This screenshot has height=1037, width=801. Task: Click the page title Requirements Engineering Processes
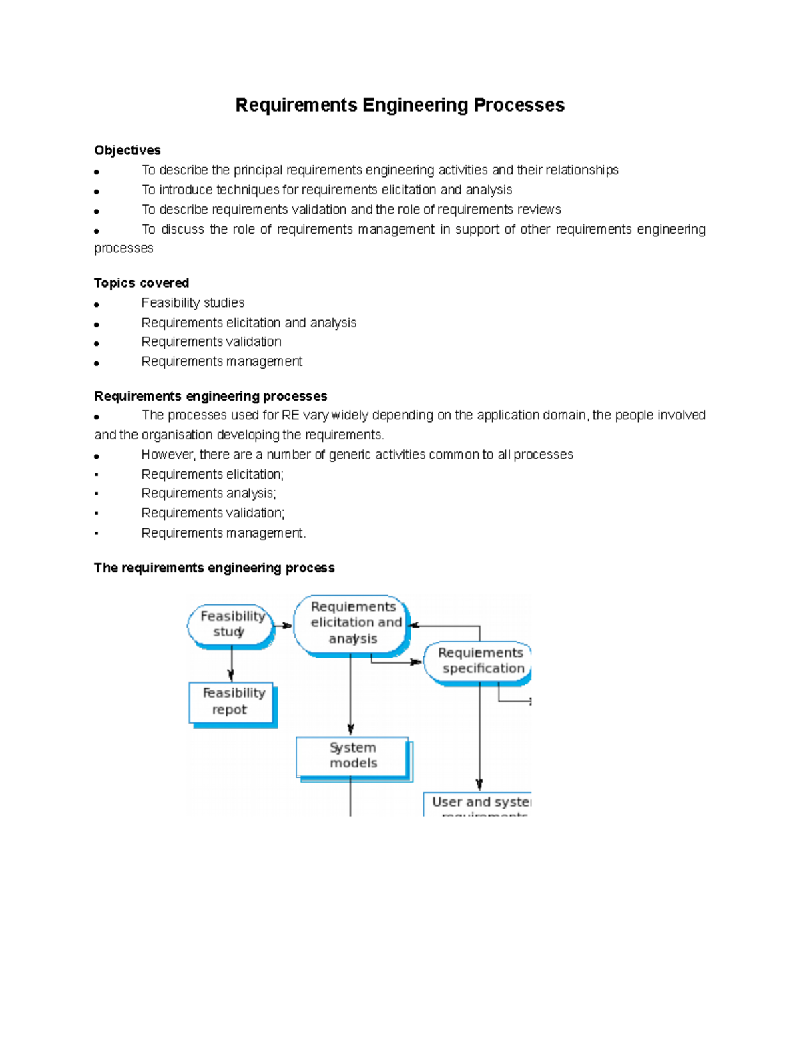pyautogui.click(x=400, y=106)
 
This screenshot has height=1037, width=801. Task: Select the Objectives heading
pyautogui.click(x=127, y=150)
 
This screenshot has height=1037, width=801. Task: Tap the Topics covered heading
pyautogui.click(x=141, y=283)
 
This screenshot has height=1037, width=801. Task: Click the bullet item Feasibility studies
pyautogui.click(x=192, y=303)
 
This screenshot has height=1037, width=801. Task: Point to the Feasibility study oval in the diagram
pyautogui.click(x=230, y=624)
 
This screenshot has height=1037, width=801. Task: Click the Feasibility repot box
pyautogui.click(x=232, y=702)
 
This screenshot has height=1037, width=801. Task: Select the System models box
pyautogui.click(x=352, y=756)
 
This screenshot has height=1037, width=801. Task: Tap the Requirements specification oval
pyautogui.click(x=479, y=661)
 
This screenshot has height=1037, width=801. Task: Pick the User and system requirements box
pyautogui.click(x=478, y=804)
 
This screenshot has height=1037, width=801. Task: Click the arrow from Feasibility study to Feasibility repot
pyautogui.click(x=231, y=664)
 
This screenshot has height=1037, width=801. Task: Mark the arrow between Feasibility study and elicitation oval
pyautogui.click(x=284, y=626)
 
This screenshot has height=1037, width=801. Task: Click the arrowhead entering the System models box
pyautogui.click(x=350, y=730)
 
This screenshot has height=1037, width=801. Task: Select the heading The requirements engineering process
pyautogui.click(x=214, y=568)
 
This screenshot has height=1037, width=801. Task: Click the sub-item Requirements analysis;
pyautogui.click(x=208, y=493)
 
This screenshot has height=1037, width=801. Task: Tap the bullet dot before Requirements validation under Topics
pyautogui.click(x=97, y=343)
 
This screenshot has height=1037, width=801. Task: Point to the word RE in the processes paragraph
pyautogui.click(x=290, y=415)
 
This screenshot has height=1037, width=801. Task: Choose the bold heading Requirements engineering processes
pyautogui.click(x=210, y=397)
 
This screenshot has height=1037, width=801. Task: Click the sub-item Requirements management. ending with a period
pyautogui.click(x=223, y=533)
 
